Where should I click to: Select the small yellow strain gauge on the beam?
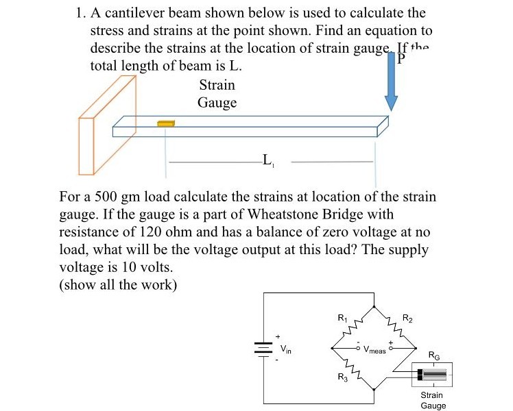[165, 123]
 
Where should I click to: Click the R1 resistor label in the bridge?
[343, 318]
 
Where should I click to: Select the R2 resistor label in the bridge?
[407, 318]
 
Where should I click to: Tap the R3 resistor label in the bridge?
[342, 377]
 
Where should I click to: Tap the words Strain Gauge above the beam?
[217, 94]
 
